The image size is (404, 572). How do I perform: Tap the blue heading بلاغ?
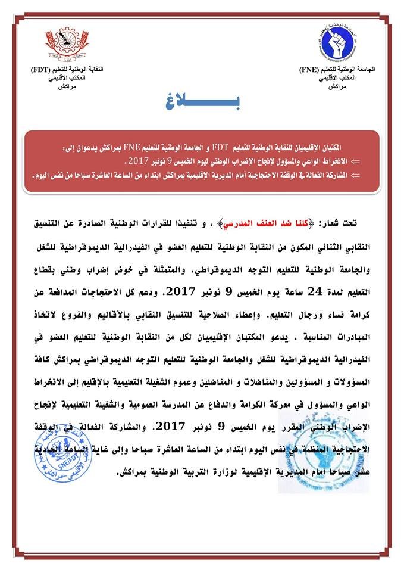[204, 105]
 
